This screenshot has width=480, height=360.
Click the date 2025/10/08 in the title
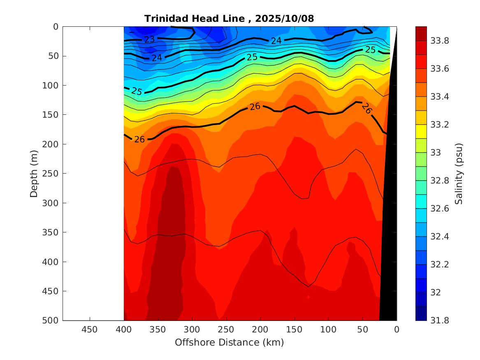pyautogui.click(x=285, y=19)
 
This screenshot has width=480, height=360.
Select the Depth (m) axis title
pyautogui.click(x=35, y=173)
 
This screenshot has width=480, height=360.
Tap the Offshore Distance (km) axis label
pyautogui.click(x=229, y=342)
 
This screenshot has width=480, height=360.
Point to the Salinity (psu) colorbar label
pyautogui.click(x=459, y=173)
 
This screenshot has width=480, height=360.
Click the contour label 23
pyautogui.click(x=149, y=39)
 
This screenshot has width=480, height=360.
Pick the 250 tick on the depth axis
pyautogui.click(x=53, y=174)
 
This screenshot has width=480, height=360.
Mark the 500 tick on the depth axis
pyautogui.click(x=53, y=321)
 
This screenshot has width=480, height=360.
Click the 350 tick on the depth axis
pyautogui.click(x=53, y=232)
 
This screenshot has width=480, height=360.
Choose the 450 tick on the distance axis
pyautogui.click(x=90, y=330)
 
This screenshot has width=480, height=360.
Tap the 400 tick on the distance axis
pyautogui.click(x=124, y=330)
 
